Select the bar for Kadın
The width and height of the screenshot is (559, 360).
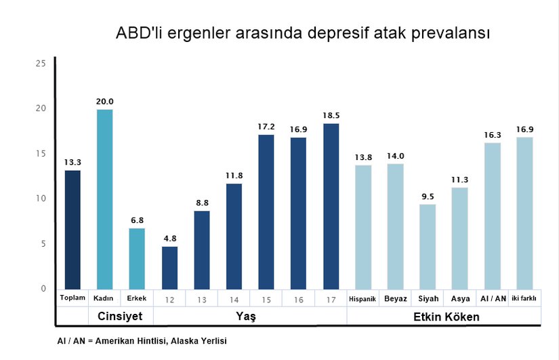pos(104,199)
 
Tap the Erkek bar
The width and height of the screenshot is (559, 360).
pos(137,258)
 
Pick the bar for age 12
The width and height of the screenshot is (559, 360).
pos(169,267)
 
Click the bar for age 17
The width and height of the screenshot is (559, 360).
pos(331,206)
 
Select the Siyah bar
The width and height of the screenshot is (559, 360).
pos(428,246)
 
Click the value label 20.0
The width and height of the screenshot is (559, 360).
pos(104,102)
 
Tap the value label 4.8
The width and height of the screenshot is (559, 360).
pos(169,238)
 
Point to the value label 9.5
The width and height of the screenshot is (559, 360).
pos(428,196)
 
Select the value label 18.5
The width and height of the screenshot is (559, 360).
pos(331,116)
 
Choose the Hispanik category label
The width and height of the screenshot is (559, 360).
pos(363,298)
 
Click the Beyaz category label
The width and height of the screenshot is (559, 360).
pos(395,298)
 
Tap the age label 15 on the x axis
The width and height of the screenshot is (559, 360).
pos(266,299)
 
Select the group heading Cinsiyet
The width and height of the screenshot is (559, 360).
pos(121,317)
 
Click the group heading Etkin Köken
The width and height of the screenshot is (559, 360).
pos(447,317)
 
